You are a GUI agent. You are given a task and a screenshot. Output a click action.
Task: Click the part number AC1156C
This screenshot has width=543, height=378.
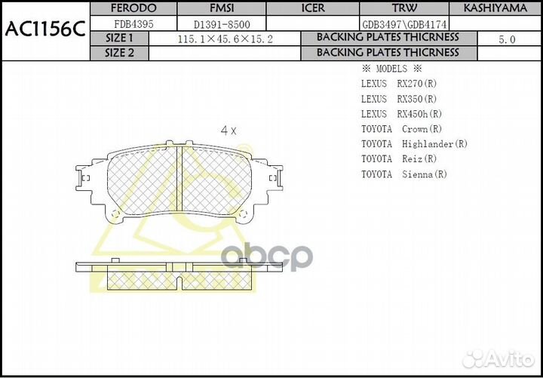pos(44,29)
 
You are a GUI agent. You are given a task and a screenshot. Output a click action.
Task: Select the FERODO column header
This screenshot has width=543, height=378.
pos(133,8)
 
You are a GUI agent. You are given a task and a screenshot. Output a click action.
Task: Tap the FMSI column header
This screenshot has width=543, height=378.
pos(222,8)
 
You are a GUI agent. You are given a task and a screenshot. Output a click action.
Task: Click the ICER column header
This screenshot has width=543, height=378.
pos(313,8)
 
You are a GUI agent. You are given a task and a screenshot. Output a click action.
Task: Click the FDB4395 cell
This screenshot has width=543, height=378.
pos(133,24)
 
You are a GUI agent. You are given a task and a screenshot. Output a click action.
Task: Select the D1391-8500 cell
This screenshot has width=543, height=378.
pos(222,24)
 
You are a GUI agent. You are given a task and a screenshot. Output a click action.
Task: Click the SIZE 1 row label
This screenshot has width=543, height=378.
pos(119,38)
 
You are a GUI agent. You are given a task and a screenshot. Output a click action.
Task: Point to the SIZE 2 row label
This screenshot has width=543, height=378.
pos(119,53)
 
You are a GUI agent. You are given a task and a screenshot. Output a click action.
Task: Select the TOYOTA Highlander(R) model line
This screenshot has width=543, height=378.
pos(414,143)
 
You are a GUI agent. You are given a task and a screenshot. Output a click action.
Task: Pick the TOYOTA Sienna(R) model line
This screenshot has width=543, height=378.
pos(404,174)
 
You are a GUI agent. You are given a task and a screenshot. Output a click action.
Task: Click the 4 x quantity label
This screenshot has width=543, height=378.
pos(228,130)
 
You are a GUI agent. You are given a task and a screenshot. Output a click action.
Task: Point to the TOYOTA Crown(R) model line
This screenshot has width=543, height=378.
pos(401,129)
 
